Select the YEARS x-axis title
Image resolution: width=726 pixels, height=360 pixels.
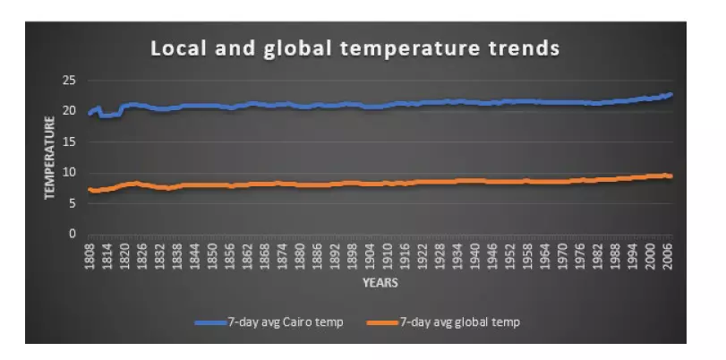tap(380, 283)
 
